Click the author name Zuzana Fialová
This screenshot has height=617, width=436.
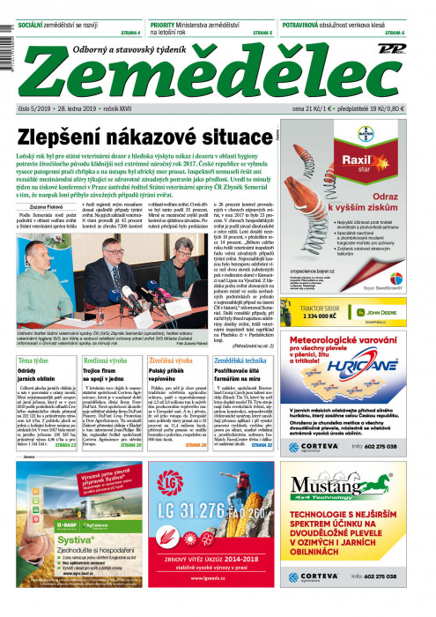click(x=47, y=204)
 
